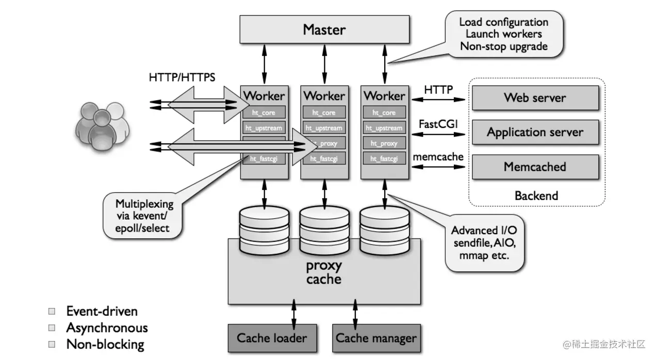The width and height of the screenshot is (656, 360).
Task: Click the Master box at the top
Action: [x=324, y=29]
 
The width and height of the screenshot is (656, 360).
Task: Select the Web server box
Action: [x=535, y=97]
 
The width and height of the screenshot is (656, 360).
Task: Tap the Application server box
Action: [x=535, y=132]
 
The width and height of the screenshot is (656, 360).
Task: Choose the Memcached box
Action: [x=535, y=167]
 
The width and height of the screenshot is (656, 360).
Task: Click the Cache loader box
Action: [x=271, y=338]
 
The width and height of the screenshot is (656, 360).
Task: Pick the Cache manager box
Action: [x=376, y=338]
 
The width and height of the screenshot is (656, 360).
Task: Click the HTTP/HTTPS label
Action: [x=182, y=78]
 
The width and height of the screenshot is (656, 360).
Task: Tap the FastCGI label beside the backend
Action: [x=438, y=124]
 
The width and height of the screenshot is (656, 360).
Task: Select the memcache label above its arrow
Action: [x=438, y=157]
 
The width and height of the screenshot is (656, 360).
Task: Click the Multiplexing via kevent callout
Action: [x=144, y=215]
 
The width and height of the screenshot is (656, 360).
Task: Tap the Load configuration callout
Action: [x=503, y=35]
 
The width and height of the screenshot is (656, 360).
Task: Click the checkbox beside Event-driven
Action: [x=52, y=312]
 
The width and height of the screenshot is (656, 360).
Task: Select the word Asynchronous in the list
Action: [x=107, y=328]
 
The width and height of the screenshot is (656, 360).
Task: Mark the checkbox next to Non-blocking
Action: [x=52, y=344]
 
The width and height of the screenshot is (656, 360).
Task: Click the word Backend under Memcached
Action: [x=536, y=196]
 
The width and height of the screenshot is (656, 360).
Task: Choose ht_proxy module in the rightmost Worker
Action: [x=384, y=143]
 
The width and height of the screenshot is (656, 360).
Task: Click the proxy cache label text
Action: [x=323, y=273]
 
